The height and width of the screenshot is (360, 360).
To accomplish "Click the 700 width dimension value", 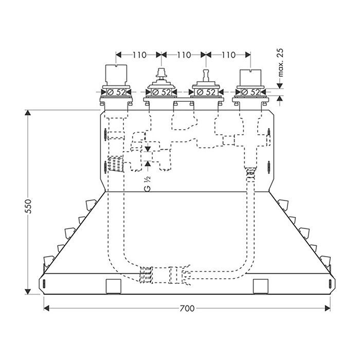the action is (x=187, y=308).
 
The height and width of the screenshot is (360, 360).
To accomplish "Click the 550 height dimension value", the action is (x=28, y=206).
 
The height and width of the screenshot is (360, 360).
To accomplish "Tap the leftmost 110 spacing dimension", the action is (x=139, y=55).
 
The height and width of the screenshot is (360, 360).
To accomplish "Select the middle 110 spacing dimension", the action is (x=184, y=55).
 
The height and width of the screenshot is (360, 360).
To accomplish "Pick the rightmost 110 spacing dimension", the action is (x=228, y=55).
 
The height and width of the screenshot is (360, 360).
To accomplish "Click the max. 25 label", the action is (x=280, y=62).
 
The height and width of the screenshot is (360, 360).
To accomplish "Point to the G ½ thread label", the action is (x=148, y=184).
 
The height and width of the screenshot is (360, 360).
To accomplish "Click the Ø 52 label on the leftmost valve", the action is (x=116, y=92).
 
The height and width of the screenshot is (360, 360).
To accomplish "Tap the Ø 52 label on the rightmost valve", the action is (x=250, y=92).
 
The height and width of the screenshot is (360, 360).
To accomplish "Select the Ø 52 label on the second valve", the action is (x=161, y=92).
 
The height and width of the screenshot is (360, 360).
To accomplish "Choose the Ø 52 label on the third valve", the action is (x=206, y=92).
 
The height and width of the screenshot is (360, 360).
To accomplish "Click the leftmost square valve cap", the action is (x=116, y=75).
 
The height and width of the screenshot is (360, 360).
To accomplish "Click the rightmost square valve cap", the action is (x=250, y=78).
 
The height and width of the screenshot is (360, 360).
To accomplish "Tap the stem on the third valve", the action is (x=206, y=76).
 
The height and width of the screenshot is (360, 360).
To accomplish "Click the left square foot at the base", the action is (x=114, y=286).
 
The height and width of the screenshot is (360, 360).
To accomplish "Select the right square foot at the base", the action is (x=261, y=286).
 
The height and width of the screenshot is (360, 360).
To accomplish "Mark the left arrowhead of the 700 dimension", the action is (x=46, y=308).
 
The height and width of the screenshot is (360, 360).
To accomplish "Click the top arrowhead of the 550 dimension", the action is (x=28, y=113).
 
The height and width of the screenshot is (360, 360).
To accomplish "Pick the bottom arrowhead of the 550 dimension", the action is (x=28, y=292).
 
